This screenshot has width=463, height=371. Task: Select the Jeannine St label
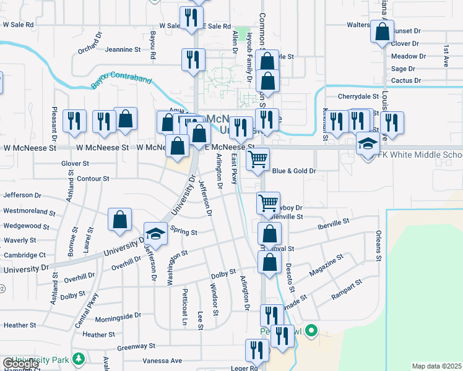point(124,49)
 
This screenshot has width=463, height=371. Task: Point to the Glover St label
point(76,164)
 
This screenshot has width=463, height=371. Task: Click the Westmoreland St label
point(26,211)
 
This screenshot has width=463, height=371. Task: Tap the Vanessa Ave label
point(162,360)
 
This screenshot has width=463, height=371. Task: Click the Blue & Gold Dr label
point(294,171)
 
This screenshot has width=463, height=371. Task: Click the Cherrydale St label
point(358,96)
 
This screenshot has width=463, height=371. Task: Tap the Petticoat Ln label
point(184,307)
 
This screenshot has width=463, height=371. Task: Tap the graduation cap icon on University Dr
point(156,234)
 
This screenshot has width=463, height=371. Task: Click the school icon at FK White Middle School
point(368,145)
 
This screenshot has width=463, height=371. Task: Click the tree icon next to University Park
point(78,359)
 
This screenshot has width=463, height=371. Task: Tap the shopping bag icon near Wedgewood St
point(119,220)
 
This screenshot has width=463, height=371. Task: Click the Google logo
point(20,364)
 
